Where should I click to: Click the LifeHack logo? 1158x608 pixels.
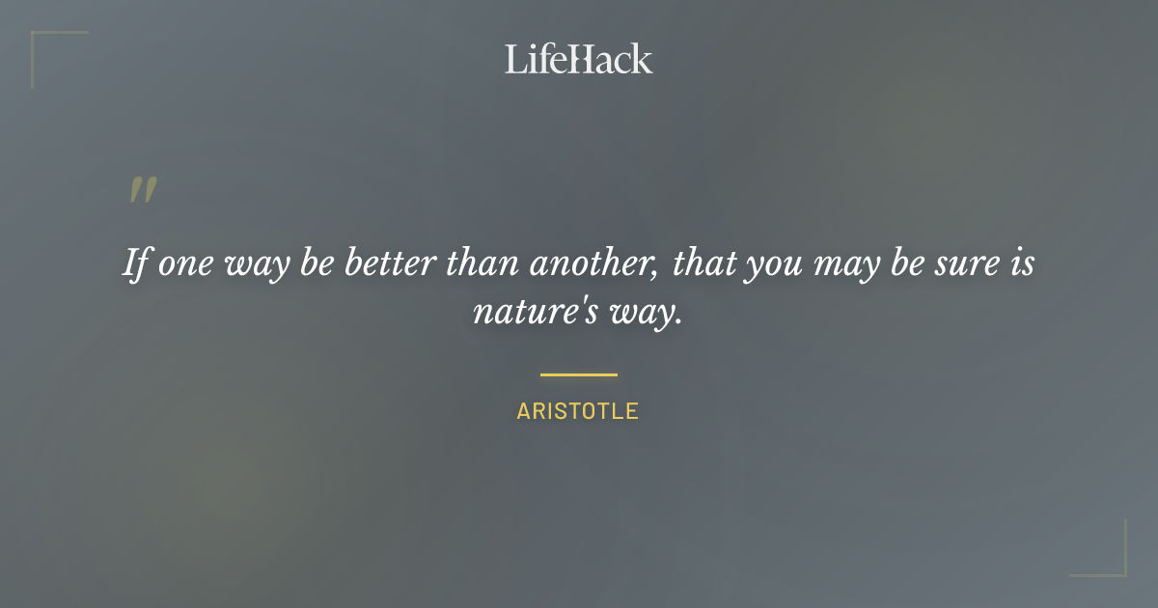(579, 59)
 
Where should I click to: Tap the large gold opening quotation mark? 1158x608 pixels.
(142, 190)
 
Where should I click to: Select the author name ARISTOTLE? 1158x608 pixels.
(578, 411)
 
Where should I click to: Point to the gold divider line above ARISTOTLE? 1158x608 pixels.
(578, 374)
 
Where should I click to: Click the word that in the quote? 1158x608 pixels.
(703, 263)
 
